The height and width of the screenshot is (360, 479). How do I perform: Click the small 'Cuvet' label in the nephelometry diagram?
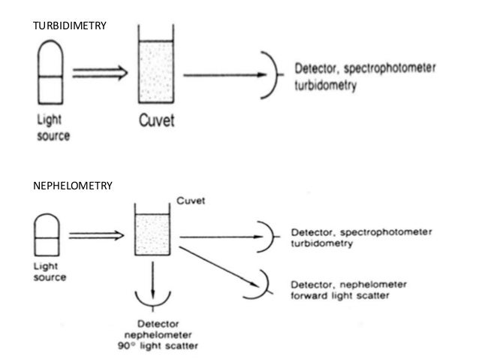191,201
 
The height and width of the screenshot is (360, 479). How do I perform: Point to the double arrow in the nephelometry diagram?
95,235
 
